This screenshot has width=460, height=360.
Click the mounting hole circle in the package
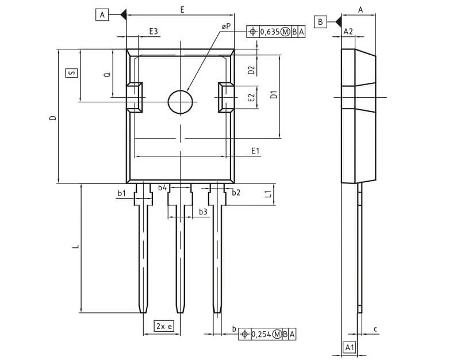(181, 102)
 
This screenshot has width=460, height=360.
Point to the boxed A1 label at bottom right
(349, 347)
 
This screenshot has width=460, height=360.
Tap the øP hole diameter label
(226, 27)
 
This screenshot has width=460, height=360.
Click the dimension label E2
(251, 97)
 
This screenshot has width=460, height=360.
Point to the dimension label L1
(268, 194)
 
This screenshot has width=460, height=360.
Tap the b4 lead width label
(163, 188)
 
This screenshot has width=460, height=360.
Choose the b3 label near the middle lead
(203, 212)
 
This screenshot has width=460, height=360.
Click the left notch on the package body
(135, 97)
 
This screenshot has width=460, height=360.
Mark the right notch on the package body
(225, 97)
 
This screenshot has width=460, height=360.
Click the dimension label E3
(154, 31)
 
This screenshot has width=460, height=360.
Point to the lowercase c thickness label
(375, 329)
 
